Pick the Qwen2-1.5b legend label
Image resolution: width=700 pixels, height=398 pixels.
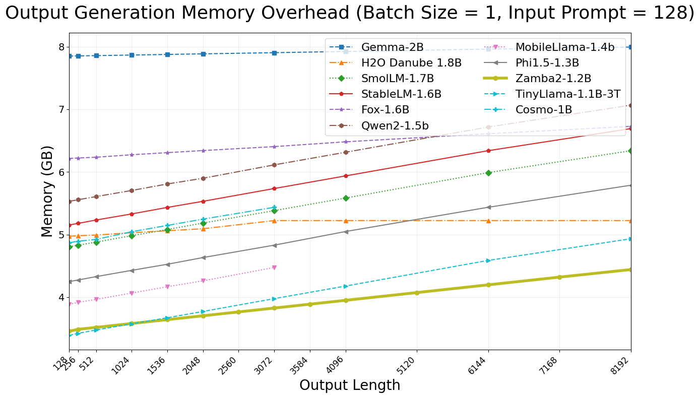395,126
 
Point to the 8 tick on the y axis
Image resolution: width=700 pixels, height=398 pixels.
61,47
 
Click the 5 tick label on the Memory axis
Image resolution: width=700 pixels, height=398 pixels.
61,235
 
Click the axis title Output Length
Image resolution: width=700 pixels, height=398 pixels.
350,385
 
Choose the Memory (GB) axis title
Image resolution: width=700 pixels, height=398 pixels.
47,191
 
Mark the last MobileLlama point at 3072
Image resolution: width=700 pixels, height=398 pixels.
274,268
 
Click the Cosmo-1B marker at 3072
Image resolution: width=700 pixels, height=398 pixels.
274,207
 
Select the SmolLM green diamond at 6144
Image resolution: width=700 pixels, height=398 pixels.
488,173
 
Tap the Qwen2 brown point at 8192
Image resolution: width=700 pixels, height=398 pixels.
630,105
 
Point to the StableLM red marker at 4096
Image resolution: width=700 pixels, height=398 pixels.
346,176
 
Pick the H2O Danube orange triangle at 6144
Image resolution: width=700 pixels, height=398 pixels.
488,221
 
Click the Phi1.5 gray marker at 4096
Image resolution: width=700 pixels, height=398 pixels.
346,232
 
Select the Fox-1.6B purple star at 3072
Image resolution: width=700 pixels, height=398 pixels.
274,147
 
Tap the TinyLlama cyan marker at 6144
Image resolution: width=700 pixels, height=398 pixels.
488,260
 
